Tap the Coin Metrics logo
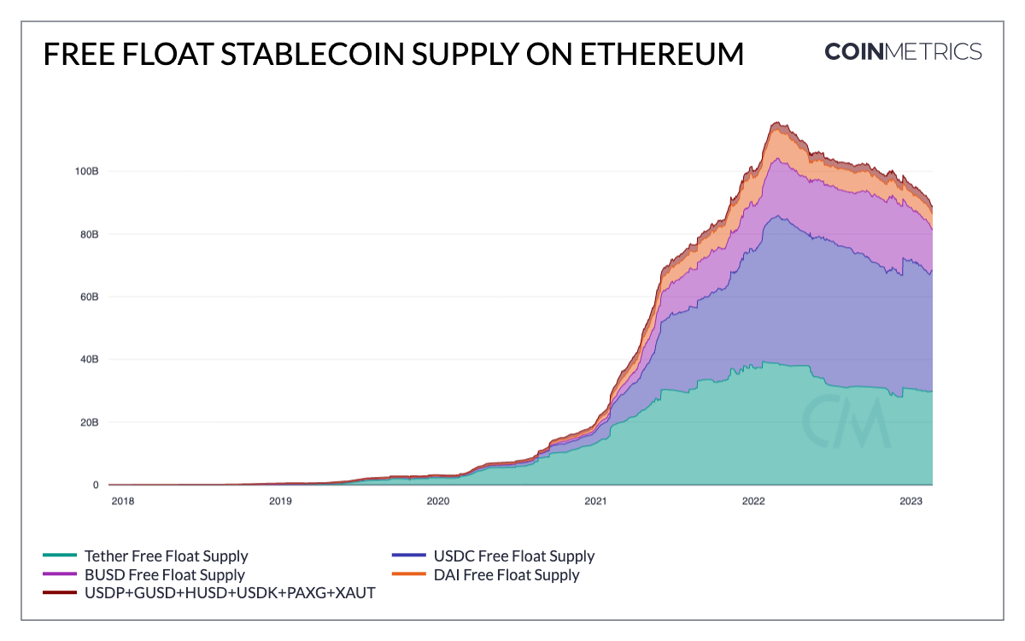(903, 51)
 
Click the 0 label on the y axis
(96, 485)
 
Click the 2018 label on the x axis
(123, 502)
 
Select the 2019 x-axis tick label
(280, 502)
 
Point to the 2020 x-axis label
(437, 502)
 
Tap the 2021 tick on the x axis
(595, 502)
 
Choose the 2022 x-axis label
(753, 502)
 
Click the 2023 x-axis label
(911, 502)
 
